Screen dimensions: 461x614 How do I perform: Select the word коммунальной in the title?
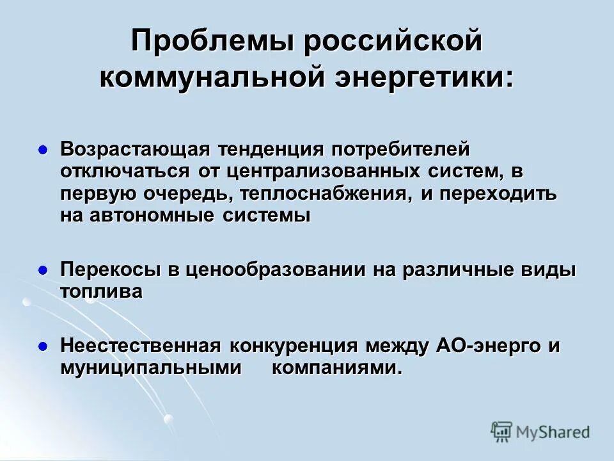click(208, 78)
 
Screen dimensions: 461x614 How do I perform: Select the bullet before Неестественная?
click(43, 346)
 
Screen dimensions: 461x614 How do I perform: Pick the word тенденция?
click(271, 150)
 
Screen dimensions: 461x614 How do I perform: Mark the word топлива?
click(102, 292)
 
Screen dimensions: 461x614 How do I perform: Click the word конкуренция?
click(294, 346)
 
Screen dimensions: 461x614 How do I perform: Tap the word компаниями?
click(338, 368)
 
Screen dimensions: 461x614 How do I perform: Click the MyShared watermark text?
click(553, 432)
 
